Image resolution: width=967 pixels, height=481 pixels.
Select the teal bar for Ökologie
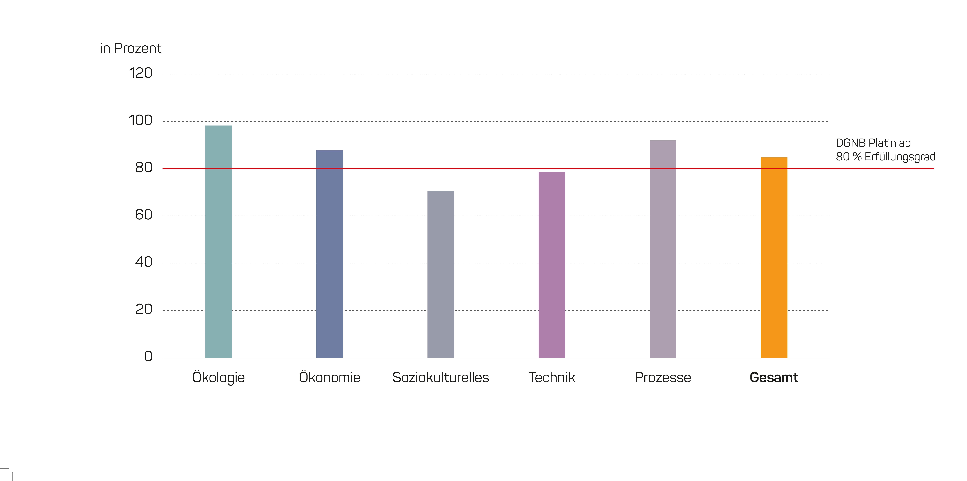pyautogui.click(x=219, y=242)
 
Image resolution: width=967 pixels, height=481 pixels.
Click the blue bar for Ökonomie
pyautogui.click(x=330, y=254)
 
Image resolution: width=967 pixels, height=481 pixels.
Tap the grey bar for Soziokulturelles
pyautogui.click(x=441, y=274)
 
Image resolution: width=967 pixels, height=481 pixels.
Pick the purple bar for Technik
pyautogui.click(x=552, y=265)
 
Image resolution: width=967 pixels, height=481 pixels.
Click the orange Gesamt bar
pyautogui.click(x=774, y=257)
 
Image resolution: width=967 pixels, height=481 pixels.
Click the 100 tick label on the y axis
pyautogui.click(x=140, y=120)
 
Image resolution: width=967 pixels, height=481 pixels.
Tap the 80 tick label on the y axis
pyautogui.click(x=144, y=168)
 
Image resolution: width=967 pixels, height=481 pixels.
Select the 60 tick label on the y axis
pyautogui.click(x=144, y=215)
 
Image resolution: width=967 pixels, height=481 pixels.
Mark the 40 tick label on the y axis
pyautogui.click(x=144, y=262)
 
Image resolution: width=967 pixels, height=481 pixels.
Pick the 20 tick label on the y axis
pyautogui.click(x=144, y=309)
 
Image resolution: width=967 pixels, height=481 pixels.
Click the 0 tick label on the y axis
pyautogui.click(x=148, y=356)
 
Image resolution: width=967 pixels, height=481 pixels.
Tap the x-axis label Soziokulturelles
pyautogui.click(x=441, y=377)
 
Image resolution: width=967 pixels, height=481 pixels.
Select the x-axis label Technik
pyautogui.click(x=552, y=377)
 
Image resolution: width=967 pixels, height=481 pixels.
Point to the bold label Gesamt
pyautogui.click(x=774, y=377)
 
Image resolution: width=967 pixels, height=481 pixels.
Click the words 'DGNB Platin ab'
pyautogui.click(x=873, y=143)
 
